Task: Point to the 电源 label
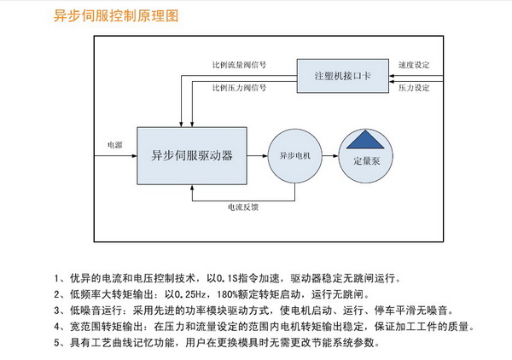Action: pyautogui.click(x=114, y=146)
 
